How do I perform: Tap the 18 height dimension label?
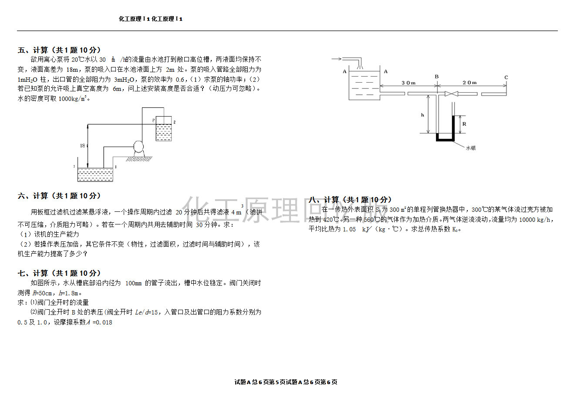coord(82,146)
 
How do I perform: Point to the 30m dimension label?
coord(408,83)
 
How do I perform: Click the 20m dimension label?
coord(469,83)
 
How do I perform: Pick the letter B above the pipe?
coord(437,77)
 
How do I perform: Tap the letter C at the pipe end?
coord(506,77)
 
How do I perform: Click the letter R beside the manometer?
coord(464,124)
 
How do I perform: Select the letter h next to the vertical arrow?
coord(422,115)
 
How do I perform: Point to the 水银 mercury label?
coord(471,148)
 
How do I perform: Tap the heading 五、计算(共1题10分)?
coord(59,50)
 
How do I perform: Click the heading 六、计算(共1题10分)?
coord(59,196)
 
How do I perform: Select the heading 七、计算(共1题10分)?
coord(59,273)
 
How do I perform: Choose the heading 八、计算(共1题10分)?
coord(350,200)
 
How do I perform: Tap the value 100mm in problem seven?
coord(133,283)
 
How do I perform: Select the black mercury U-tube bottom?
coord(445,139)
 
